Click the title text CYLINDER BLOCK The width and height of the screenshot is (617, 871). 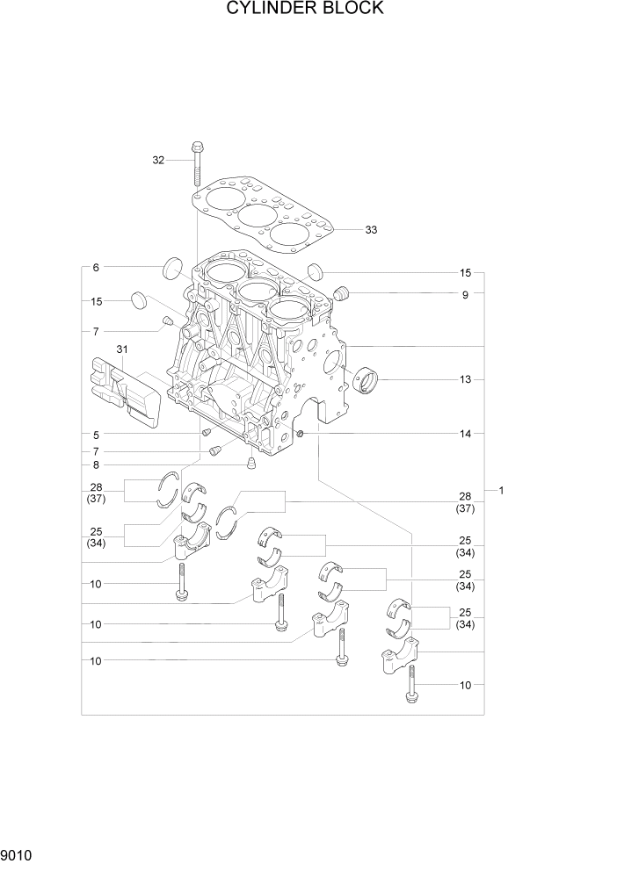305,9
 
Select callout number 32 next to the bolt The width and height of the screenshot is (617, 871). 158,160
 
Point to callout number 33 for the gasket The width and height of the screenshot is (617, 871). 371,230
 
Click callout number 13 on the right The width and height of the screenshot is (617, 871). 465,379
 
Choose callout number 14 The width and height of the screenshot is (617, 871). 465,434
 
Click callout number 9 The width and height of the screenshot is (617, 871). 465,295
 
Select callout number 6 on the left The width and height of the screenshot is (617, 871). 96,267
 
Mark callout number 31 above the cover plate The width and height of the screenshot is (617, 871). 121,349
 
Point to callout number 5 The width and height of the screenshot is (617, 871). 96,435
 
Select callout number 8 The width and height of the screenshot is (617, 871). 96,464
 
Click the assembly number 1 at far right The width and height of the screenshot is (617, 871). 501,490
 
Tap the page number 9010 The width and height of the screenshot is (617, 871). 16,853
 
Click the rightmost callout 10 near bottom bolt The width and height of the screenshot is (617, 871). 465,684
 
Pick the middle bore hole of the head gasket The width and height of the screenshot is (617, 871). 258,215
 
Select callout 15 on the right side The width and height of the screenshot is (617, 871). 465,272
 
